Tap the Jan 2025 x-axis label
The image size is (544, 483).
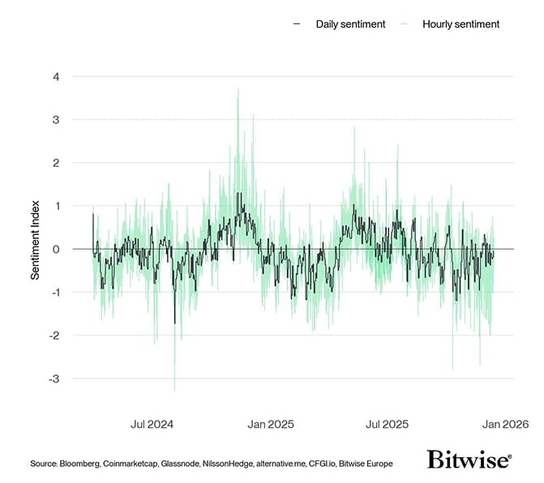pyautogui.click(x=270, y=424)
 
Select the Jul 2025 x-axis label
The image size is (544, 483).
pyautogui.click(x=387, y=424)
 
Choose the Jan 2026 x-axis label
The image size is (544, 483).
pyautogui.click(x=505, y=424)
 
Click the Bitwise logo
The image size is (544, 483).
pyautogui.click(x=469, y=459)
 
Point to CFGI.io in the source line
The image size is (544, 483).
pyautogui.click(x=322, y=464)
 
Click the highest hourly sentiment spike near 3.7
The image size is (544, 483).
pyautogui.click(x=238, y=89)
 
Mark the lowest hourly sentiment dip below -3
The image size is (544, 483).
pyautogui.click(x=175, y=391)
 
